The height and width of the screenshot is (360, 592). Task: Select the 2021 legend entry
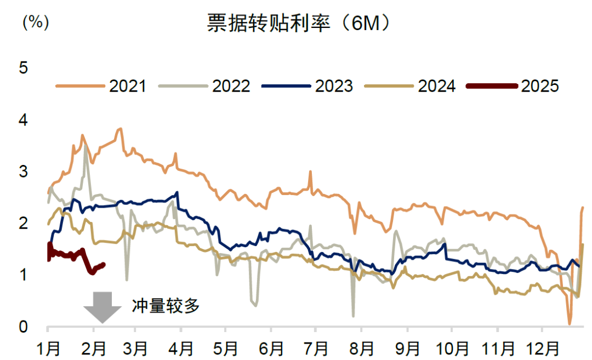pos(101,86)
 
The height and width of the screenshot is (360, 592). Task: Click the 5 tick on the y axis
pos(23,68)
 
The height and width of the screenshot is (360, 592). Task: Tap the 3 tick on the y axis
pos(23,172)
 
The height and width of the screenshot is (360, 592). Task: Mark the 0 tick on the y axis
pos(23,327)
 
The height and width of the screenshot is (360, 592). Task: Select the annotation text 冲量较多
pos(165,306)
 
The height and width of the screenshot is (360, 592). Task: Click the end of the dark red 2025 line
pos(104,264)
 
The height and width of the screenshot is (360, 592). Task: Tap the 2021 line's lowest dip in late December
pos(570,323)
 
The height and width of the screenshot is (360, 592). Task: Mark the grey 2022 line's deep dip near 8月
pos(353,316)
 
